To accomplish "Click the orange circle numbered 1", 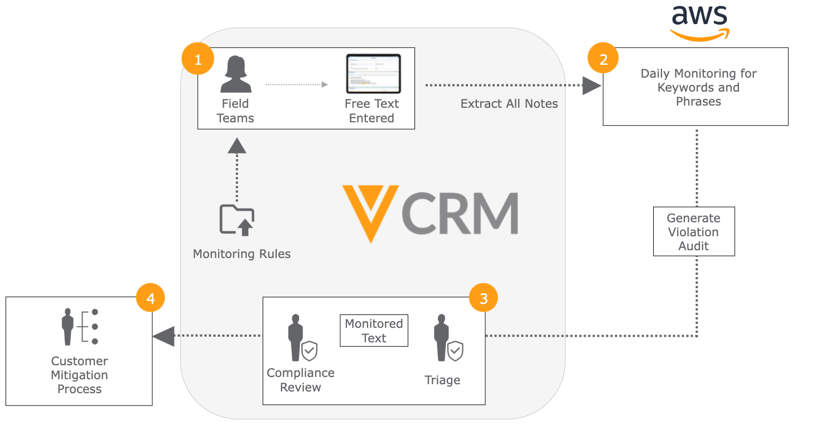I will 198,59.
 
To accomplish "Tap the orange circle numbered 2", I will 603,59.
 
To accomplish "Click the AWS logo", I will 700,22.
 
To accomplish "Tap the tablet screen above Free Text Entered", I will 373,74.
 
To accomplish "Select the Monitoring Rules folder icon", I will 237,219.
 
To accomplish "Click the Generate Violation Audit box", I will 694,232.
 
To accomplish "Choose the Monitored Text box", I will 374,331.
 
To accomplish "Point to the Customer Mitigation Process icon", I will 79,326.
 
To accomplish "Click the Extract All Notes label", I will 509,104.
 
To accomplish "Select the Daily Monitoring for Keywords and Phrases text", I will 698,87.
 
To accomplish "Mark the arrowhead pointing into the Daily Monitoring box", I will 591,86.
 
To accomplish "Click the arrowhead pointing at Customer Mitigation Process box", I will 163,336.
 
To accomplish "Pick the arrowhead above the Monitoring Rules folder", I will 237,146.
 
